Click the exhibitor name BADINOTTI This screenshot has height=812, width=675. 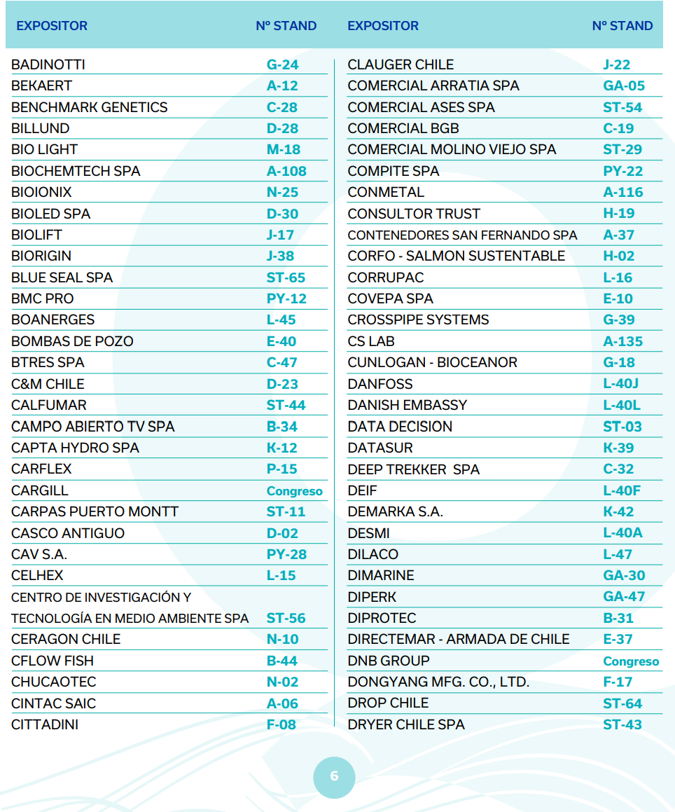[48, 64]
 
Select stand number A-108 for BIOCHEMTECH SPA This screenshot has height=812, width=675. [286, 171]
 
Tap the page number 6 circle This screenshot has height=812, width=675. [334, 776]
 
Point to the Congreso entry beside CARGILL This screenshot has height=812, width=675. [294, 490]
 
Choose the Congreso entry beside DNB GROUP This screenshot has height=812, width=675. [631, 661]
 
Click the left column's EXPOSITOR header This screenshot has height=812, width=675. [52, 26]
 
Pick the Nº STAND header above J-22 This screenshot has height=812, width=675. [622, 26]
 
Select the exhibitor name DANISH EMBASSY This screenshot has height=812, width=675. [407, 405]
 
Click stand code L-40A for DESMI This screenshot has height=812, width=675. [622, 532]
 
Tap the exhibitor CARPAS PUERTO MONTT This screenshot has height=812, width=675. [95, 511]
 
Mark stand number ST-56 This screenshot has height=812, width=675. [286, 618]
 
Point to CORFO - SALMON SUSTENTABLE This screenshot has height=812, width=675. [456, 256]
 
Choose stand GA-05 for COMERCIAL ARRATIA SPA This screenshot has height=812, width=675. [624, 86]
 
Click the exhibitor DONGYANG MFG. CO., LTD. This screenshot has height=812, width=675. [438, 682]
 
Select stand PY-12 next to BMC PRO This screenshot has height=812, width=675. [286, 298]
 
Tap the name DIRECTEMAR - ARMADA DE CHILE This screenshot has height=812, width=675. [459, 639]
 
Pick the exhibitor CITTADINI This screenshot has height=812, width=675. [45, 724]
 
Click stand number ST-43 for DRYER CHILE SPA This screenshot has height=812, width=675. [622, 724]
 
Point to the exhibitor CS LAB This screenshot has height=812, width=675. [371, 341]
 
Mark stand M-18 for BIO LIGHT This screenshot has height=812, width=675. [284, 149]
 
